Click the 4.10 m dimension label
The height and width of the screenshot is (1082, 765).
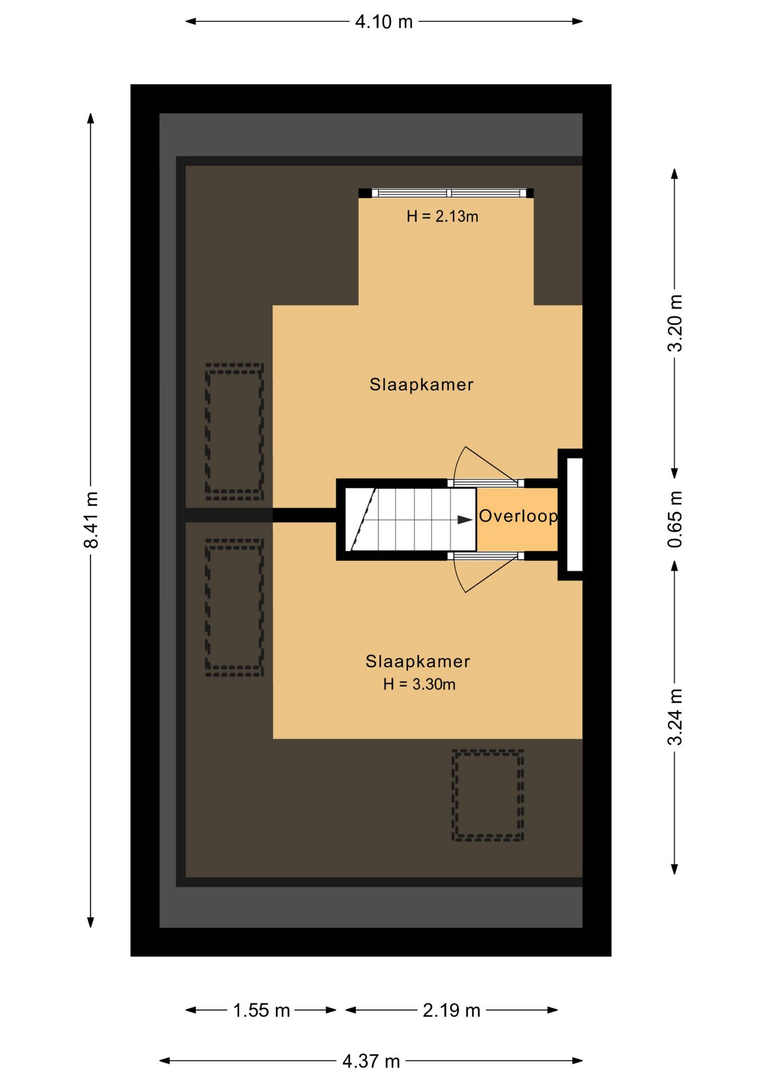(384, 22)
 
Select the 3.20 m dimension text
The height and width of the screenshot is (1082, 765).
(675, 323)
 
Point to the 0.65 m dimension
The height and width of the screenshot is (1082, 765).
(675, 519)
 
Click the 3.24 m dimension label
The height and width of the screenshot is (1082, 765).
(675, 716)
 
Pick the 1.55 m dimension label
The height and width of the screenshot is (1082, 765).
(261, 1010)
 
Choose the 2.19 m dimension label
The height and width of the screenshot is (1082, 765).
(451, 1010)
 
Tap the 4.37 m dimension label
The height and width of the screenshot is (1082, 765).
(371, 1061)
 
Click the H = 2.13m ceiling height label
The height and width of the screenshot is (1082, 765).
(442, 216)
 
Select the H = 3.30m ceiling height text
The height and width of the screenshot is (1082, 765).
(419, 684)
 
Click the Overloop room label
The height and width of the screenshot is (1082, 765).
(518, 516)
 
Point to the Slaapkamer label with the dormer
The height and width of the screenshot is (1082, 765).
(421, 384)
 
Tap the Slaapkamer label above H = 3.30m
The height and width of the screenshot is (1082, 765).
(417, 661)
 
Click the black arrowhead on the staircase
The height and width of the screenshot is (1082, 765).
(465, 520)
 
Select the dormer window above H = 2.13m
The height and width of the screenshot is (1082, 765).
(446, 193)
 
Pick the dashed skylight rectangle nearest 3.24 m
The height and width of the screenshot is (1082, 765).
(488, 795)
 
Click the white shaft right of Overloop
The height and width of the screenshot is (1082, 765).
(574, 515)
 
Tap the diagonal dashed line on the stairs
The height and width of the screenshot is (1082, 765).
(363, 519)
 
